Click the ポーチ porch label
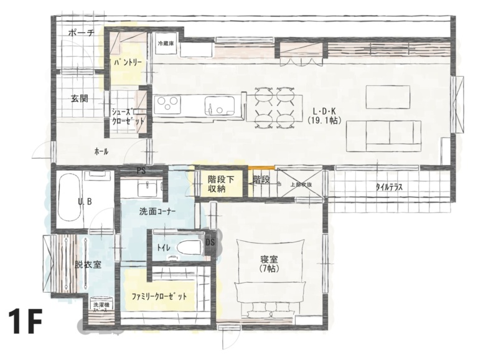tap(82, 34)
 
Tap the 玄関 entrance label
tap(79, 98)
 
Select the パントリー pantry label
tap(129, 63)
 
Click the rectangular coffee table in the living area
tap(388, 97)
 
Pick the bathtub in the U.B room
tap(68, 200)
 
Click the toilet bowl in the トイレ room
tap(189, 248)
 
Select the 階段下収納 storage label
tap(221, 184)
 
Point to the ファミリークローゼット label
tap(159, 296)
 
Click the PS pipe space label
tap(141, 169)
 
